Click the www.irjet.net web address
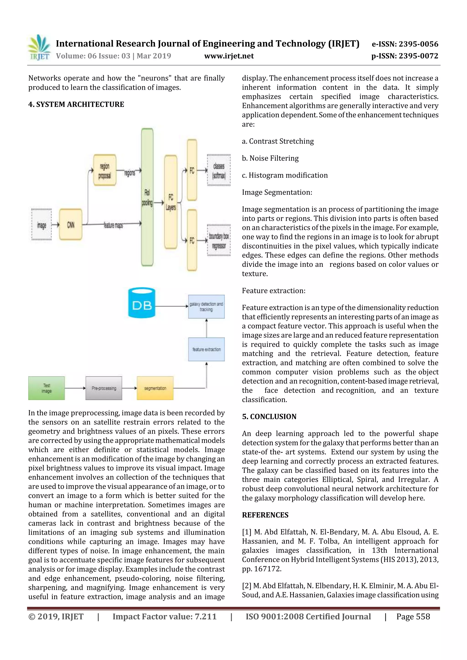point(229,56)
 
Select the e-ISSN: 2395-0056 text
point(405,44)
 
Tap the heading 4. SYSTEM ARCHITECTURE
point(76,104)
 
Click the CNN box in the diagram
point(70,224)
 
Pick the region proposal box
point(105,170)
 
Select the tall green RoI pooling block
point(147,197)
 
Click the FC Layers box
point(171,202)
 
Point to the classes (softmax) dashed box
point(219,170)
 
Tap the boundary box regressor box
point(219,240)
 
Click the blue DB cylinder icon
point(142,303)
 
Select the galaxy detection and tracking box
point(206,306)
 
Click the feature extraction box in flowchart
point(206,349)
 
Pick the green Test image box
point(47,388)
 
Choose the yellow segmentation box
point(155,388)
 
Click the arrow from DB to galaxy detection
point(171,306)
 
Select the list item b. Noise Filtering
point(270,158)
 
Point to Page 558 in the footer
point(413,616)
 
